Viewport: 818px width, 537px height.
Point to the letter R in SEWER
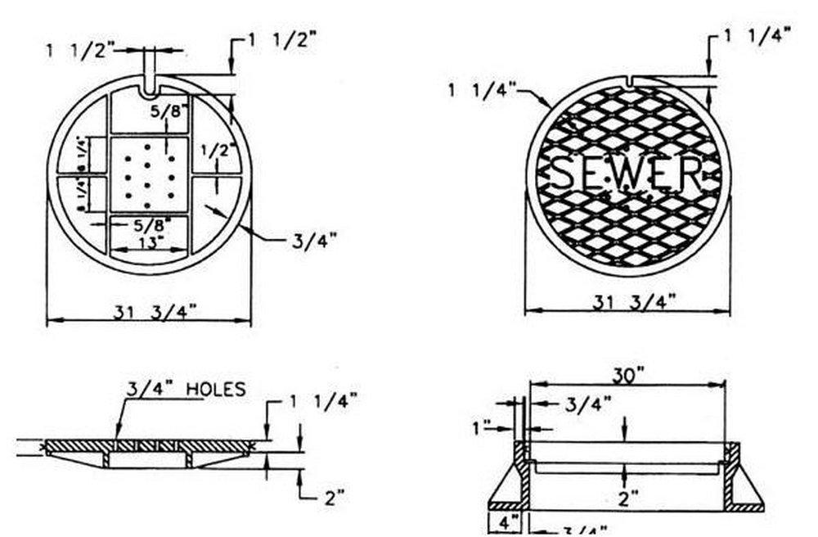tap(690, 174)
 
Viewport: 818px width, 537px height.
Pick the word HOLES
tap(216, 389)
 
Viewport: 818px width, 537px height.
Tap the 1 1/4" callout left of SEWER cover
tap(482, 89)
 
